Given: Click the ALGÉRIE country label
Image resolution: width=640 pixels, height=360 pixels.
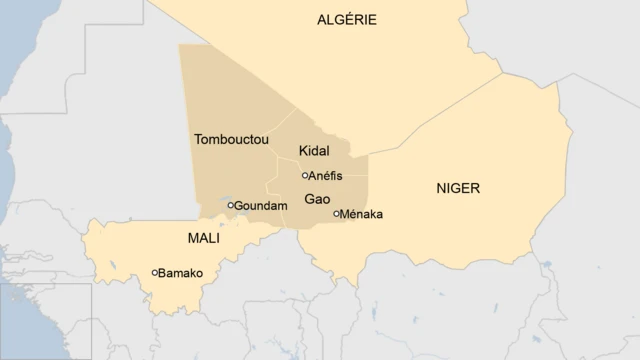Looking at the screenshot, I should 347,20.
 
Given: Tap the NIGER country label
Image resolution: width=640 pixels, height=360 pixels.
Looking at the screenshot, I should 458,188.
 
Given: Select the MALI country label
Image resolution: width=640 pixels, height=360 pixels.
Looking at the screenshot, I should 204,239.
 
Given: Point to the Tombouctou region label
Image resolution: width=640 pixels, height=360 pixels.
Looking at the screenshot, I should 232,139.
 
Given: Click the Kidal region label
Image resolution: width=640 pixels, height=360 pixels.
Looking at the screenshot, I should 314,151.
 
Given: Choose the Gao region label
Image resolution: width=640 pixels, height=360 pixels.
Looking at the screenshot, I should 317,199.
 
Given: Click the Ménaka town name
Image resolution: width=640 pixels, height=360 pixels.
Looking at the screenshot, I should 362,214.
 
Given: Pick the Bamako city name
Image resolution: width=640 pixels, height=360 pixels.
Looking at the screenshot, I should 181,273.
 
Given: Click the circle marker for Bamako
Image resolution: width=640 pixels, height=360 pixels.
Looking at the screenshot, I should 155,272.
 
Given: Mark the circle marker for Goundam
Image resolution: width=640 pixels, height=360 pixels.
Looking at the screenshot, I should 231,205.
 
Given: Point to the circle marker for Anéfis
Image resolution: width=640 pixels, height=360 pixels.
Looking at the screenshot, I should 305,175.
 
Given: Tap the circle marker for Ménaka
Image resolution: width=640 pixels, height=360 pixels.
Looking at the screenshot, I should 336,213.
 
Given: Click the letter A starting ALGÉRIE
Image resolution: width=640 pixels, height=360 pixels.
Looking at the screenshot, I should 322,20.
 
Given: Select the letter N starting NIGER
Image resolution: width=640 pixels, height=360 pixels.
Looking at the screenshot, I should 440,188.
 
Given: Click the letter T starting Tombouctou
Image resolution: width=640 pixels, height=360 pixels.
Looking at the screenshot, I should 198,139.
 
